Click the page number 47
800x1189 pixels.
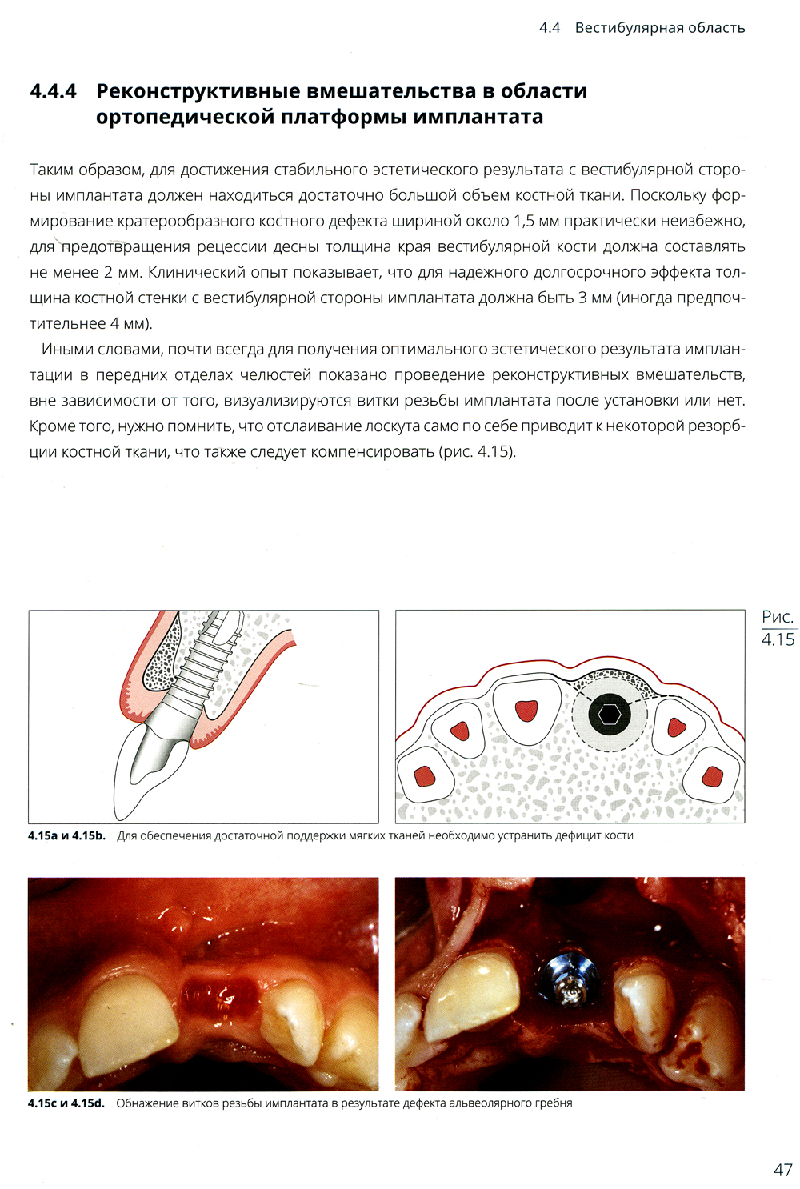coord(782,1170)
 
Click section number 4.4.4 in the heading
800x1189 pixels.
coord(53,91)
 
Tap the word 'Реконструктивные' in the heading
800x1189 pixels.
coord(200,91)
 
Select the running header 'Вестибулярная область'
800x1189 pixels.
coord(659,28)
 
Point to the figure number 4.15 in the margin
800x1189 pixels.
coord(778,639)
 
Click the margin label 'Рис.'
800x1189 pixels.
coord(778,617)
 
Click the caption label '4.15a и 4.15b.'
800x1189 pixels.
coord(67,835)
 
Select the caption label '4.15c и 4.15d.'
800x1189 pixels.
coord(66,1103)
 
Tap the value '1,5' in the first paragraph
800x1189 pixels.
coord(524,221)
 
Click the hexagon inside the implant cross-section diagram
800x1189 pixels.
coord(610,715)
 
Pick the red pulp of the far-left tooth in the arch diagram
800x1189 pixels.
coord(424,775)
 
